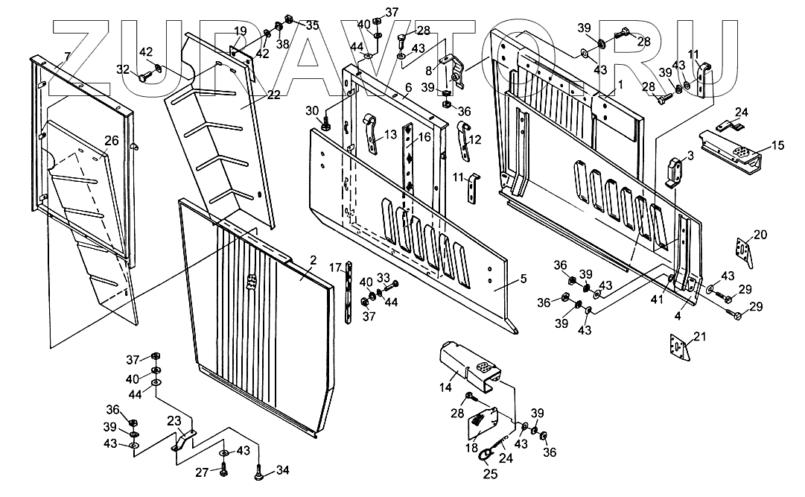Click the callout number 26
click(x=111, y=139)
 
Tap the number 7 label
click(x=67, y=57)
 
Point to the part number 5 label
click(x=523, y=279)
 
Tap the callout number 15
click(x=778, y=145)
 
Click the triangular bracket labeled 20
click(x=741, y=250)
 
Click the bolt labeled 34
click(x=258, y=471)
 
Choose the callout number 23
click(x=174, y=420)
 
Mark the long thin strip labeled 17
click(x=350, y=293)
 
